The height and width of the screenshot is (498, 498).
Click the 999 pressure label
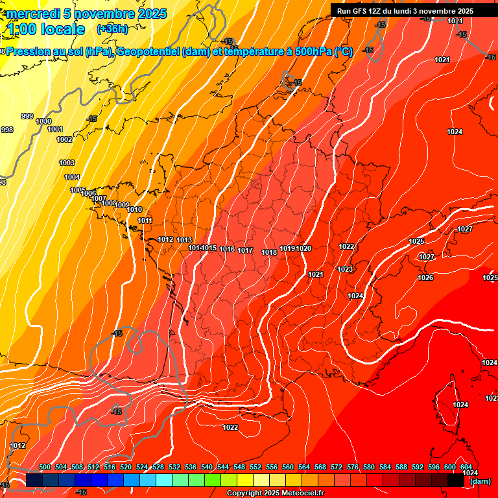(27, 116)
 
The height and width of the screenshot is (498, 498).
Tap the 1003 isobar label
(67, 163)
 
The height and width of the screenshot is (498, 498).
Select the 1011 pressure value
(145, 220)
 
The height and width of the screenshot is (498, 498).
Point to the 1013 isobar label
(184, 240)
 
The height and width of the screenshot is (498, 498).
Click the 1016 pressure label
(227, 249)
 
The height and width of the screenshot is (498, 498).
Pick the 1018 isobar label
(269, 252)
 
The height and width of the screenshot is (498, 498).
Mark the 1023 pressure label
(345, 269)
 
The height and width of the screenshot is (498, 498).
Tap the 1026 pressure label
(425, 278)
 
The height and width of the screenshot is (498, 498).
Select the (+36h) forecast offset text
(112, 29)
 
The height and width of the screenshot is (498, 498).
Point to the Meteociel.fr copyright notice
(275, 493)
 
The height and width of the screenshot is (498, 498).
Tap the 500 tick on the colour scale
(45, 467)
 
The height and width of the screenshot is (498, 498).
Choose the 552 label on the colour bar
(255, 467)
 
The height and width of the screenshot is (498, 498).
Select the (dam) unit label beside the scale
(480, 480)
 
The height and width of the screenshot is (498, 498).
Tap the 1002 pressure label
(64, 139)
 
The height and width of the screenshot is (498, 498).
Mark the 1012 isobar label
(165, 239)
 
